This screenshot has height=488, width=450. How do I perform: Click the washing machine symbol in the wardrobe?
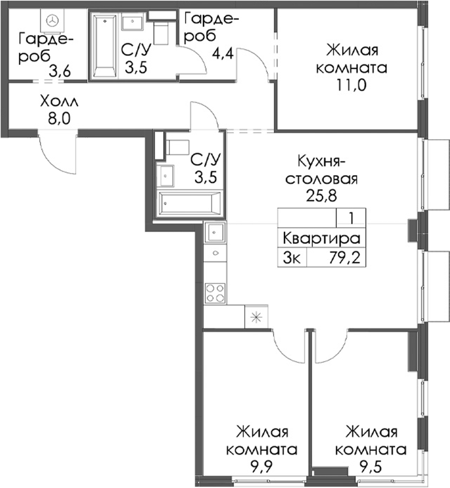tap(52, 20)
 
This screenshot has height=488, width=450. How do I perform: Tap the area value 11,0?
tap(352, 85)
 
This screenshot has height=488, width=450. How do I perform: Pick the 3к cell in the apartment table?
tap(292, 258)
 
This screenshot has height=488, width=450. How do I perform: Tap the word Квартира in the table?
tap(322, 239)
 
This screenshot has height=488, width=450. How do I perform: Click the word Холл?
tap(59, 101)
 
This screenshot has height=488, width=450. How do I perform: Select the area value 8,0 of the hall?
tap(59, 119)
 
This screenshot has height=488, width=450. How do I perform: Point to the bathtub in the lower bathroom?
tap(190, 203)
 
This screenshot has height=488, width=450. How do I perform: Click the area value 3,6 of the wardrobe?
tap(60, 72)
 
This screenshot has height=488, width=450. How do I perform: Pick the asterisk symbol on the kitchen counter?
tap(256, 317)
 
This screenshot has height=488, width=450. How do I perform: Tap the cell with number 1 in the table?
tap(351, 218)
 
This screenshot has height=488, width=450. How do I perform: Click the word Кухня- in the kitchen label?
tap(321, 162)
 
